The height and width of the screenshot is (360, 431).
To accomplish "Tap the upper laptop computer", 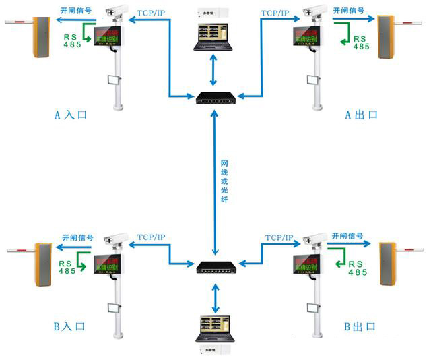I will pyautogui.click(x=215, y=38).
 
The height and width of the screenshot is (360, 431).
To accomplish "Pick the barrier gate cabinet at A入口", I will pyautogui.click(x=40, y=38).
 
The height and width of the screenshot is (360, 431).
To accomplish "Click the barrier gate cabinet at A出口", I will pyautogui.click(x=387, y=38).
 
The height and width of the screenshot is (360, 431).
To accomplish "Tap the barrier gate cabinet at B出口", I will pyautogui.click(x=389, y=263).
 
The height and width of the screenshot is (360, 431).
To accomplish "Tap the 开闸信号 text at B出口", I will pyautogui.click(x=350, y=237).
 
